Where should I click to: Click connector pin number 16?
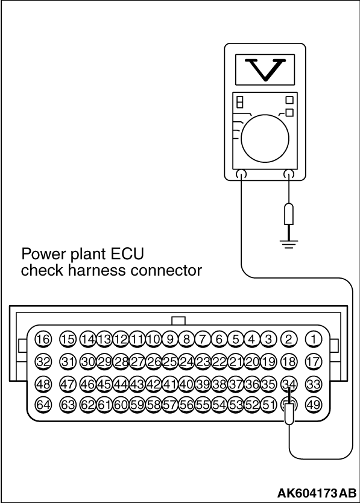[43, 339]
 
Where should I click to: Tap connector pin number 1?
[314, 339]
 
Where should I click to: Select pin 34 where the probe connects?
[289, 384]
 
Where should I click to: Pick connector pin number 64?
[43, 405]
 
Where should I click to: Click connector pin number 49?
[314, 405]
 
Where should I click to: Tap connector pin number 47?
[68, 384]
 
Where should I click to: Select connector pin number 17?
[314, 362]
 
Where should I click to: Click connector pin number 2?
[289, 339]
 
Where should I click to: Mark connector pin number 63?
[68, 405]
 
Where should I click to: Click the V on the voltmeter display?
[265, 69]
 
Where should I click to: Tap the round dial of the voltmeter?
[265, 139]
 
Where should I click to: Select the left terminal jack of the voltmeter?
[241, 174]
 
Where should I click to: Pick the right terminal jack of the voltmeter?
[289, 174]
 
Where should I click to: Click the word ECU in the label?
[127, 254]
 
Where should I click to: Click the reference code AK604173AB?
[317, 492]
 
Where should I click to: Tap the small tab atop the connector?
[178, 321]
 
